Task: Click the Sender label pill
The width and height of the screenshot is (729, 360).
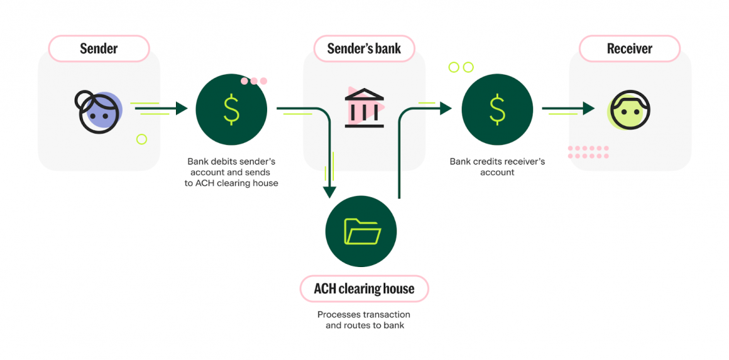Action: click(x=99, y=48)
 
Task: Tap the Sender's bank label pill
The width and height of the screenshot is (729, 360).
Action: click(x=364, y=48)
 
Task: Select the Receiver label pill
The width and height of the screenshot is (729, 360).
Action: click(x=629, y=48)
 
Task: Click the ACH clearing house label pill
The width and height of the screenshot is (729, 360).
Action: click(x=364, y=289)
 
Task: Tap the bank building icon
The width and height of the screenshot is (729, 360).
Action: click(x=364, y=107)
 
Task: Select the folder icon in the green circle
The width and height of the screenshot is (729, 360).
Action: click(x=362, y=232)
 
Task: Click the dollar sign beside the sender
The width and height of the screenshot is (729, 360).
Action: click(x=231, y=109)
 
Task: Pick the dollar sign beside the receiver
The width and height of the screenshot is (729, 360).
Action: click(x=497, y=109)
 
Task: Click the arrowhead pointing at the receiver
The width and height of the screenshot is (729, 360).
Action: click(x=588, y=109)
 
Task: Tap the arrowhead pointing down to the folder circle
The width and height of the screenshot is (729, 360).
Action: click(x=329, y=192)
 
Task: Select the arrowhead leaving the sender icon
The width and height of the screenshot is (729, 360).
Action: click(x=182, y=109)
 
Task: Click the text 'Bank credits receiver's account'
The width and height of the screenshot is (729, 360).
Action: click(x=497, y=166)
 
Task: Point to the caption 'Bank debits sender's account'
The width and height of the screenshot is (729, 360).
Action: click(x=231, y=166)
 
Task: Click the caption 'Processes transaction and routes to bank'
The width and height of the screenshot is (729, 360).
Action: click(x=364, y=320)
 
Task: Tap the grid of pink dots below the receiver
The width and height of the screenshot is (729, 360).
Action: click(x=588, y=152)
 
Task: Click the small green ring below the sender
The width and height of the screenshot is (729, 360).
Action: click(x=141, y=139)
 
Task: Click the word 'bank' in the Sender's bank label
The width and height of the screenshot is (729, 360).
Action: click(x=388, y=48)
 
